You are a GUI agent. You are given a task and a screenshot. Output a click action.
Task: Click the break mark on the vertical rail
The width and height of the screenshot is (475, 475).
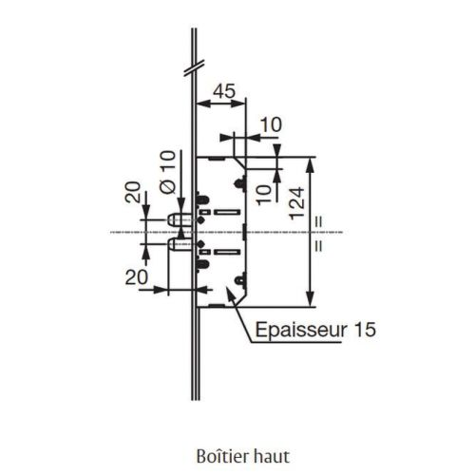(x=193, y=68)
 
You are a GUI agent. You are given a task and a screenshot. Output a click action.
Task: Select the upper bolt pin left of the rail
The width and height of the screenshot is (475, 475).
(x=178, y=220)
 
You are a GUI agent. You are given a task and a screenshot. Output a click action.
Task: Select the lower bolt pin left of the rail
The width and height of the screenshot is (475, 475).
(x=178, y=245)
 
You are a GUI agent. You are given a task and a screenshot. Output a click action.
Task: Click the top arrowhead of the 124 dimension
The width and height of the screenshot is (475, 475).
(x=311, y=162)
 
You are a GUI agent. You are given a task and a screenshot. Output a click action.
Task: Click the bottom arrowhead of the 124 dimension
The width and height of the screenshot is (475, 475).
(x=311, y=300)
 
